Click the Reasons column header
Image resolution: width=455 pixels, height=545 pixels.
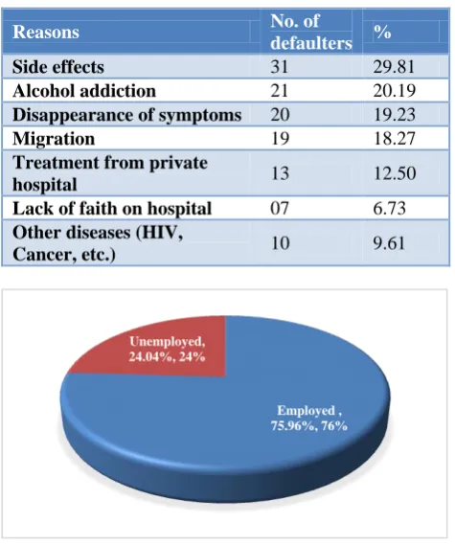click(46, 32)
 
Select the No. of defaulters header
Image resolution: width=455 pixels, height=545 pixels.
click(311, 32)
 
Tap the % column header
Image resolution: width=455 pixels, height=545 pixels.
click(383, 32)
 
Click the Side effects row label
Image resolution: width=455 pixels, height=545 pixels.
click(58, 67)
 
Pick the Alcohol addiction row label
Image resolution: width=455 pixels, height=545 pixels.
click(84, 91)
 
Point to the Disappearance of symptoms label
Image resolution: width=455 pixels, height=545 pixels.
click(126, 115)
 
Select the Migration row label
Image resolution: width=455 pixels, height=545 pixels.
click(54, 139)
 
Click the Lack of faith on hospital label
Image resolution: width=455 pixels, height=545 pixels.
click(112, 209)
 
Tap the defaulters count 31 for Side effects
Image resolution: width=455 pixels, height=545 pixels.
click(280, 67)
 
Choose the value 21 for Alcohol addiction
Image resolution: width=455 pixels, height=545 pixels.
click(280, 91)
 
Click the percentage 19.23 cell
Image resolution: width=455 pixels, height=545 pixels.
click(394, 115)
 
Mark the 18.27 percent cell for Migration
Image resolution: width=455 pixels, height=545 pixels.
click(394, 139)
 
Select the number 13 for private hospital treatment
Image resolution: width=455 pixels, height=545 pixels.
click(280, 173)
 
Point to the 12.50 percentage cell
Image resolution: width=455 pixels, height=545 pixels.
click(395, 173)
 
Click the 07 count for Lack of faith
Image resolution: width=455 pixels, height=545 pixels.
click(280, 209)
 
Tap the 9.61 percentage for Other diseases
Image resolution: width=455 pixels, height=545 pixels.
click(389, 243)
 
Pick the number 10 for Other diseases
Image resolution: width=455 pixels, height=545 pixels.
click(280, 243)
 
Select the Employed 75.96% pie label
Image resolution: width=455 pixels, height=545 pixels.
click(309, 419)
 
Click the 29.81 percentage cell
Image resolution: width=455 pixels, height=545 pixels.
click(394, 67)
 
